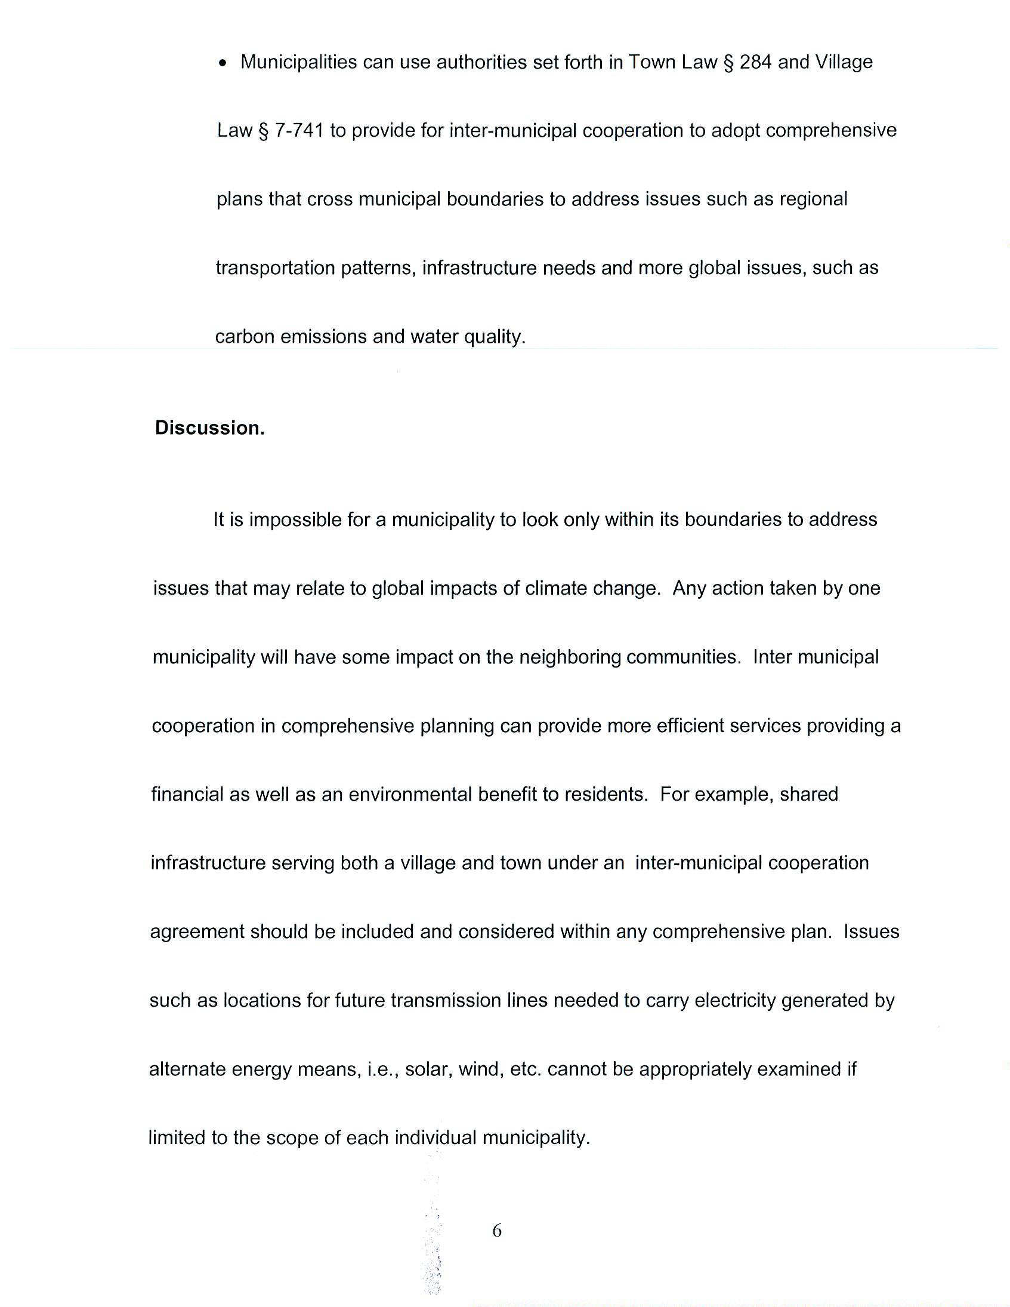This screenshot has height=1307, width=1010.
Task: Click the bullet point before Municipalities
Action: click(x=223, y=63)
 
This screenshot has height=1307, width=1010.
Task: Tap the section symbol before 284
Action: click(x=728, y=63)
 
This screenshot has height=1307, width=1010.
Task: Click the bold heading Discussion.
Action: click(x=209, y=428)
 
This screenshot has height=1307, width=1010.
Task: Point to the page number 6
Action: click(x=497, y=1231)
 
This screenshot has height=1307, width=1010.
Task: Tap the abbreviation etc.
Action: click(x=526, y=1069)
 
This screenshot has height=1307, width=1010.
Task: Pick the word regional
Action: click(x=813, y=199)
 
